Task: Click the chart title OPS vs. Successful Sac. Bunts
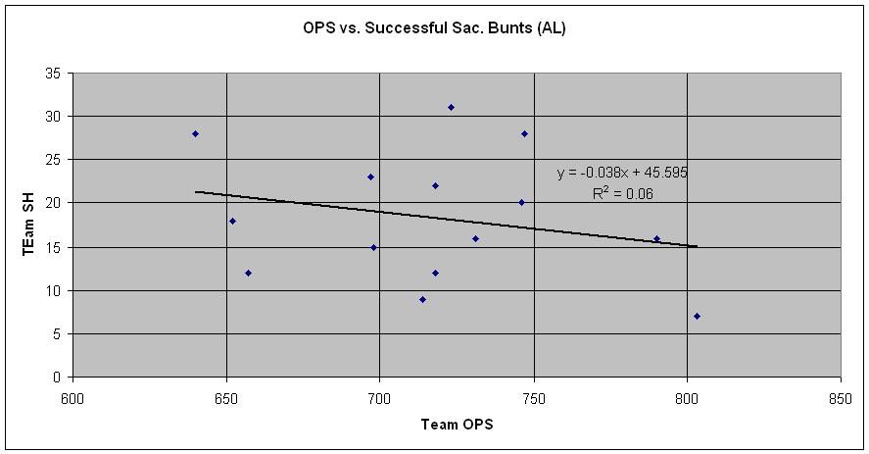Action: [x=434, y=28]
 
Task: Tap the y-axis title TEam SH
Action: [x=29, y=226]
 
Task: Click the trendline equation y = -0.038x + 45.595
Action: [x=622, y=173]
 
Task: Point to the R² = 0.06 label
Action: [x=622, y=194]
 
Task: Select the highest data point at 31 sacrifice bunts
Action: [x=451, y=107]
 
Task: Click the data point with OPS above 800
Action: [x=697, y=316]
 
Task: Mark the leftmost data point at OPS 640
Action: [x=196, y=133]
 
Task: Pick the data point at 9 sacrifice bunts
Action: [x=422, y=299]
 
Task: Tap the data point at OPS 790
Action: [x=656, y=238]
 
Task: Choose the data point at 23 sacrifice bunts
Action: [x=370, y=177]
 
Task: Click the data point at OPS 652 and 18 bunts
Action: [x=232, y=221]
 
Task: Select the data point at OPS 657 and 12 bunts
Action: [x=248, y=273]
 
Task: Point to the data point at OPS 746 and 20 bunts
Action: [x=521, y=203]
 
